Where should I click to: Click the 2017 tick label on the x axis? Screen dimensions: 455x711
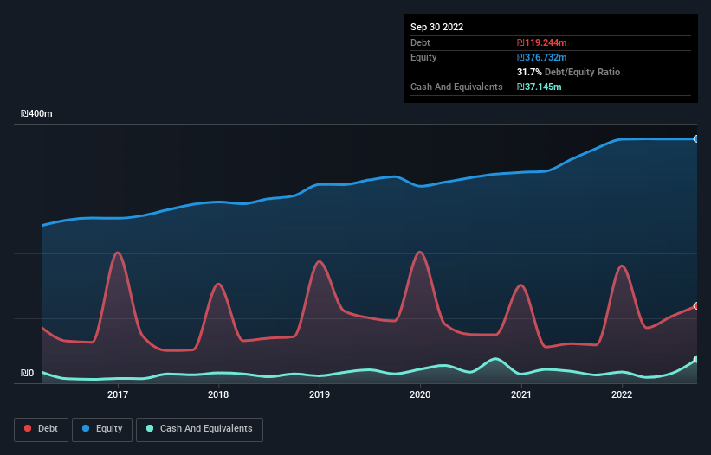click(118, 395)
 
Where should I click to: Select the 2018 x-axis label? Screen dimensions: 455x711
click(218, 395)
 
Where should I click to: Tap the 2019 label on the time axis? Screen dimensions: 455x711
click(320, 395)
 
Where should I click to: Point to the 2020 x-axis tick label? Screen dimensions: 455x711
click(420, 395)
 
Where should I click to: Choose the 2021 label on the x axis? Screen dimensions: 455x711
click(521, 395)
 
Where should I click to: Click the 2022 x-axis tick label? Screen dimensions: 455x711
click(622, 395)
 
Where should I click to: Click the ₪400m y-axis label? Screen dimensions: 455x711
click(37, 114)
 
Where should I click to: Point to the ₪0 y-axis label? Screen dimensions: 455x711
click(27, 374)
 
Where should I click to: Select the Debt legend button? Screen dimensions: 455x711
click(41, 429)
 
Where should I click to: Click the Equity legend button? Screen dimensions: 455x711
click(102, 429)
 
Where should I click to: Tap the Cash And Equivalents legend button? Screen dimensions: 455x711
click(199, 429)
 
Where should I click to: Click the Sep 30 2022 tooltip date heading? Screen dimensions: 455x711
click(436, 27)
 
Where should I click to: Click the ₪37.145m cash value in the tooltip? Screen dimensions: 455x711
click(541, 87)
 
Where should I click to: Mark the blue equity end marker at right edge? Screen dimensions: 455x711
click(695, 138)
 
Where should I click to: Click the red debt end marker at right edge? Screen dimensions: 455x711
click(695, 306)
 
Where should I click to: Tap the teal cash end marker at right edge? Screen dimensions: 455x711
click(695, 359)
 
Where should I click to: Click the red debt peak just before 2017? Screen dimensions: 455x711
click(117, 253)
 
